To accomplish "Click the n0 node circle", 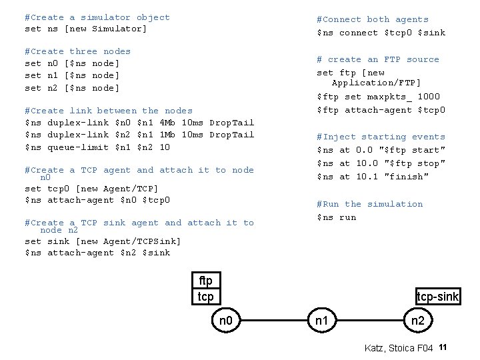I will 226,321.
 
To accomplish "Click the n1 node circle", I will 322,321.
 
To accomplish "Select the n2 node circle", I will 418,321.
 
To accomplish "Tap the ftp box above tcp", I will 205,281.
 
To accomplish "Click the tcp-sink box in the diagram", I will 437,297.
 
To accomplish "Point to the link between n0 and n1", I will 274,321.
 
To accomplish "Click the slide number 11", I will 443,347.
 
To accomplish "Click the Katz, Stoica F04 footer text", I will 399,348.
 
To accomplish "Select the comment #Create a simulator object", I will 97,17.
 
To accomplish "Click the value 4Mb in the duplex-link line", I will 167,123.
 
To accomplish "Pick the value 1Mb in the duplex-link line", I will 167,135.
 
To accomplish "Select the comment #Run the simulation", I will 369,204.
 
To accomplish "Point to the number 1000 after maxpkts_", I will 429,97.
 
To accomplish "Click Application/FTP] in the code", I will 376,83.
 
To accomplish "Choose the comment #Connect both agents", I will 372,20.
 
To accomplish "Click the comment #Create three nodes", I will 77,51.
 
